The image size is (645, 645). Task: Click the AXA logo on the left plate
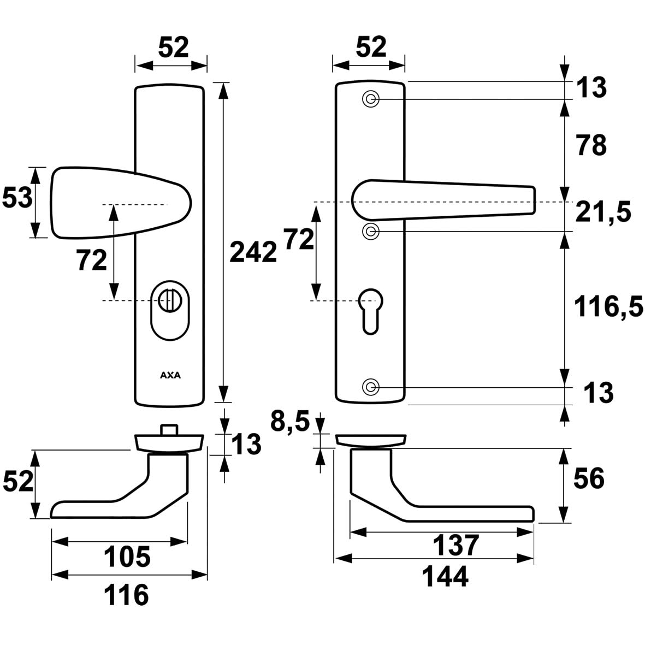point(170,375)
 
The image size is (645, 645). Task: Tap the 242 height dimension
point(253,252)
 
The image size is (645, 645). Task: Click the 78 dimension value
point(590,146)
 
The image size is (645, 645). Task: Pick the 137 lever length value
point(455,545)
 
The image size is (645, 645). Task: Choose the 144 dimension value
point(445,577)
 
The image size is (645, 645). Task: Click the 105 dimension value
point(127,558)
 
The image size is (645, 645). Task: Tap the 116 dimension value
point(127,595)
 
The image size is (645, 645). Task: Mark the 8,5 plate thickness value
point(289,422)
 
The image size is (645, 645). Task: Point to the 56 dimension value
point(589,479)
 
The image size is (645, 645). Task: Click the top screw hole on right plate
point(371,99)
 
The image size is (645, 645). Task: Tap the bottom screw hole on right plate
point(371,387)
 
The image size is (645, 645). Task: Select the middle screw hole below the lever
point(371,231)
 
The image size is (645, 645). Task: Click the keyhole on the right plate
point(370,309)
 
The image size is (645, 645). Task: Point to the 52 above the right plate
point(371,48)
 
